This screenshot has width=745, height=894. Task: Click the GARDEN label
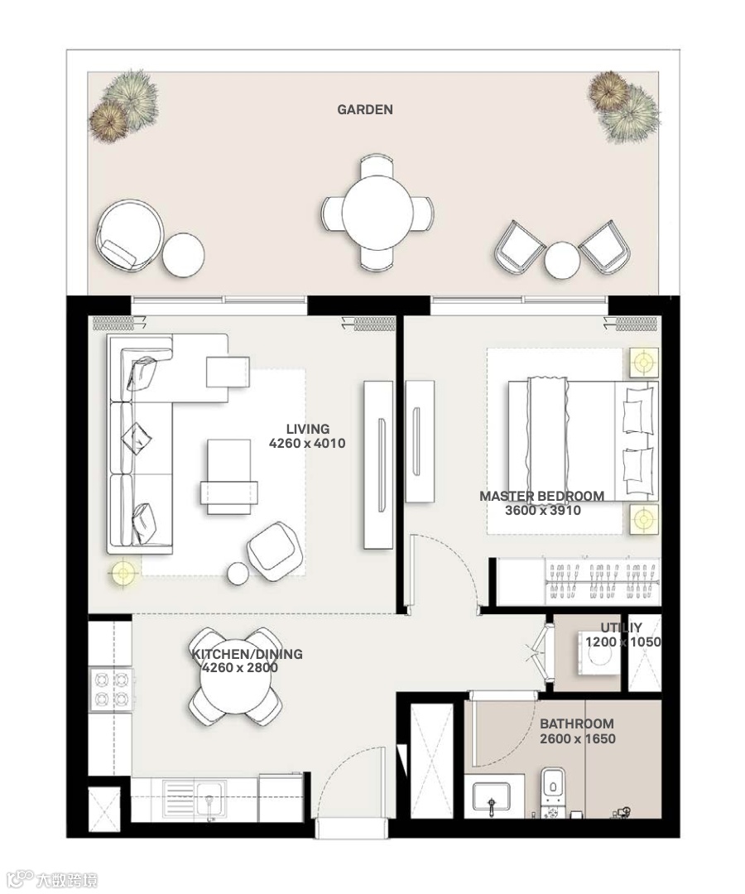click(x=365, y=109)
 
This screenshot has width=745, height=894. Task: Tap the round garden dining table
click(x=377, y=212)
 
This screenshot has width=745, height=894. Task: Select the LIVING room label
click(x=308, y=429)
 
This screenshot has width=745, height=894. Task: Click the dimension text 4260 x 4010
click(x=307, y=443)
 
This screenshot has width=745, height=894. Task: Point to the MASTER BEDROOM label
click(x=541, y=496)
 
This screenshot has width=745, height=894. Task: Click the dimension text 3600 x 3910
click(x=543, y=510)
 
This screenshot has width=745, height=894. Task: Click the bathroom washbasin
click(x=492, y=798)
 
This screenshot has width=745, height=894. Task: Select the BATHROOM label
click(x=577, y=724)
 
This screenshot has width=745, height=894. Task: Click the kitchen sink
click(x=195, y=800)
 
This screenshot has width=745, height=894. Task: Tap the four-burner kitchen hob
click(x=112, y=690)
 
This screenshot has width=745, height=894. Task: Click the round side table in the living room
click(x=238, y=574)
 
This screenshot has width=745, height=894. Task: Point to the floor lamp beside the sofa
click(x=123, y=573)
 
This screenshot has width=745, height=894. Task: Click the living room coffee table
click(x=228, y=477)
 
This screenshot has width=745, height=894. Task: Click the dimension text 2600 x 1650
click(x=578, y=739)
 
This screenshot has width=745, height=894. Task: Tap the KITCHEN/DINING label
click(x=248, y=654)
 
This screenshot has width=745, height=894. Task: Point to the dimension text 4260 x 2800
click(x=240, y=668)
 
